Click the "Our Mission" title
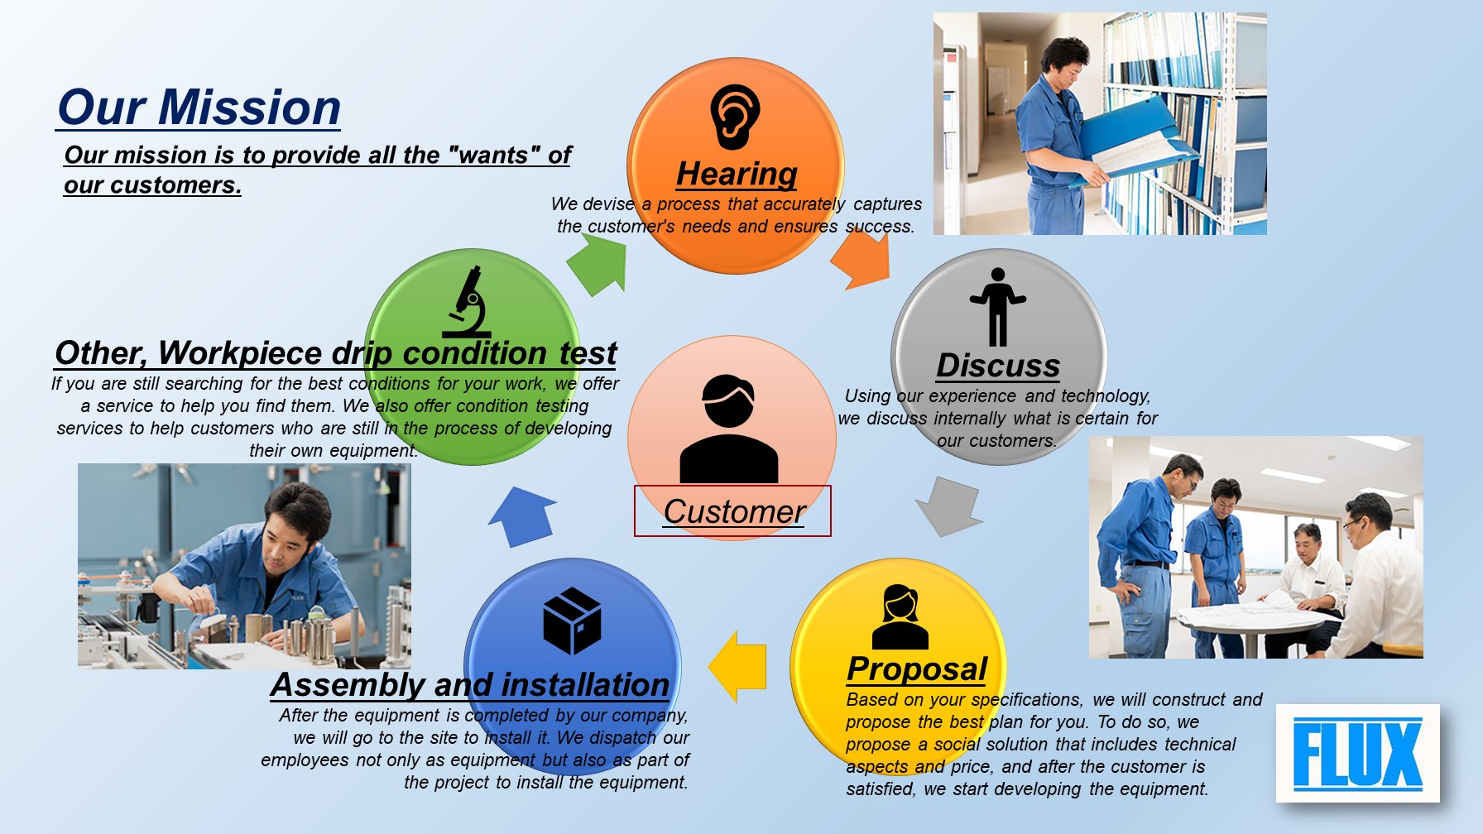[199, 108]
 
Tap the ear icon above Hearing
[735, 117]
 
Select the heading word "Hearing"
[737, 174]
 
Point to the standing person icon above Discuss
[998, 307]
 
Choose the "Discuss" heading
[998, 366]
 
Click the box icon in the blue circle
[572, 621]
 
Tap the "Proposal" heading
[917, 669]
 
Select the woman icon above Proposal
[900, 616]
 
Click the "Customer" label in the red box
[734, 511]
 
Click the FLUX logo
[1358, 753]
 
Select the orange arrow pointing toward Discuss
[861, 259]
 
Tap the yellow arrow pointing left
[737, 667]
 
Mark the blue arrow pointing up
[523, 516]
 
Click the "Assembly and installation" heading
[470, 685]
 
